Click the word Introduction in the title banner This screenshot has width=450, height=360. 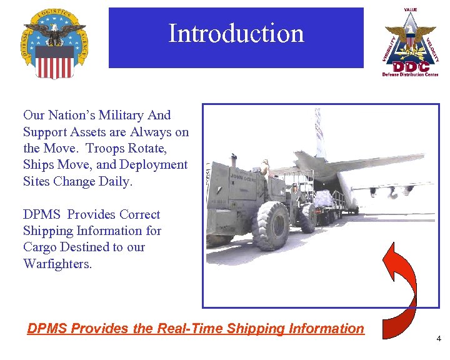point(236,34)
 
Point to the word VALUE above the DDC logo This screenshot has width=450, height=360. point(411,10)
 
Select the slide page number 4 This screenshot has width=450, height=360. point(439,339)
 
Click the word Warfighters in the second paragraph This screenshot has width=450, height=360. point(57,264)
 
